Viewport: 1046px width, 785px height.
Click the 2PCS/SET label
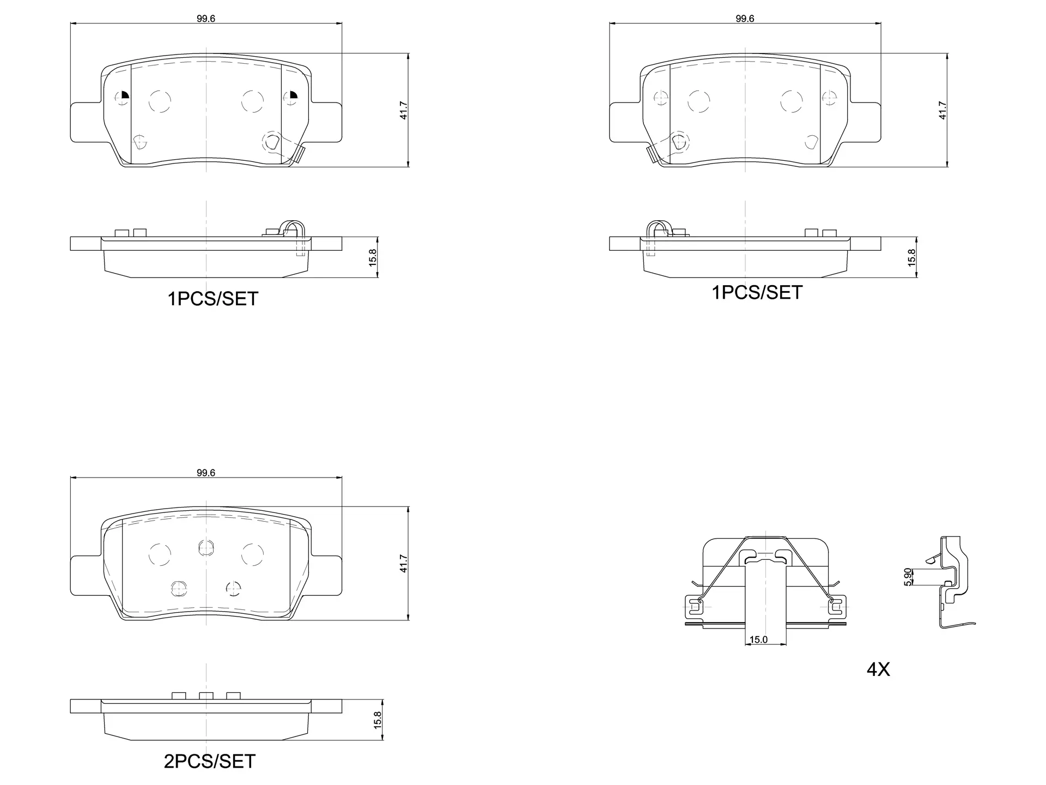coord(210,761)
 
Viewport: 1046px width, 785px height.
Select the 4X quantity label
coord(878,669)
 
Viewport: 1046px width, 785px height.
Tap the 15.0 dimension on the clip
coord(758,639)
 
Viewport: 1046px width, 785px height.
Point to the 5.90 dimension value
coord(908,577)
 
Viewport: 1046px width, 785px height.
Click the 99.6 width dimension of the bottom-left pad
coord(206,473)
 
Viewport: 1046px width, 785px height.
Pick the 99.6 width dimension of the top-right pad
coord(745,18)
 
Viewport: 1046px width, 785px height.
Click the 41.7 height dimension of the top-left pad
coord(404,110)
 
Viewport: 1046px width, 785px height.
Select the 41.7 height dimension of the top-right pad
coord(942,110)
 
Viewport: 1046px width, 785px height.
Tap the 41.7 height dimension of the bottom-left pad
coord(404,563)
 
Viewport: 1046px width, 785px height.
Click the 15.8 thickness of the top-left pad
coord(373,257)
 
